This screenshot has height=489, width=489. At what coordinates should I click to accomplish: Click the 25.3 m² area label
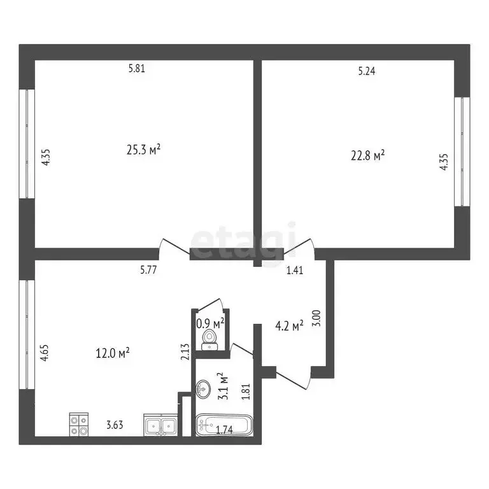click(143, 150)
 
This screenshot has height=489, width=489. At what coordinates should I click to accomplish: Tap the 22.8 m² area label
click(368, 155)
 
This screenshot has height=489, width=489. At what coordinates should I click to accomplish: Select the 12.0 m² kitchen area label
click(115, 351)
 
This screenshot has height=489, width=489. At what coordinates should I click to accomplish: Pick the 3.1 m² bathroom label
click(220, 386)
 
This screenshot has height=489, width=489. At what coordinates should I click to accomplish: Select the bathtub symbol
click(224, 426)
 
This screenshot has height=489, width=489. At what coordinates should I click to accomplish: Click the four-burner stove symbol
click(78, 424)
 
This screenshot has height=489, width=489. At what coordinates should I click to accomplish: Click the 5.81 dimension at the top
click(137, 69)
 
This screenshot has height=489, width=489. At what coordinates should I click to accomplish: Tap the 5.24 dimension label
click(366, 72)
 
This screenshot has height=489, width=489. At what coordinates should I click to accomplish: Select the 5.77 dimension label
click(149, 270)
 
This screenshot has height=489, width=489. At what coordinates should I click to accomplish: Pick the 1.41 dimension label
click(295, 271)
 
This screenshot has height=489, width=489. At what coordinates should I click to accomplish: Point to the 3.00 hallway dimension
click(318, 318)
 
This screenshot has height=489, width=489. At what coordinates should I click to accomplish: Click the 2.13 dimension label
click(185, 352)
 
